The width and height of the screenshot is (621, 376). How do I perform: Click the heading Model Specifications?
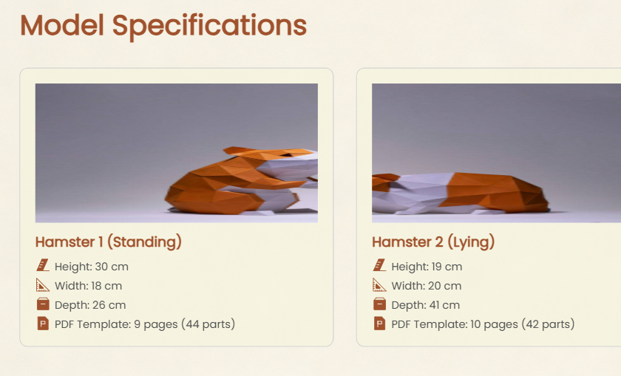click(x=163, y=26)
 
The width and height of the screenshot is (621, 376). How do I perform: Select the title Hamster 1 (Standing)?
click(x=108, y=242)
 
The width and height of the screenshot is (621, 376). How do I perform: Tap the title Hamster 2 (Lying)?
click(x=433, y=242)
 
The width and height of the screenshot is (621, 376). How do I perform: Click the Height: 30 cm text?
click(x=92, y=267)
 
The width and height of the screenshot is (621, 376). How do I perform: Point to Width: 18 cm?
click(x=88, y=286)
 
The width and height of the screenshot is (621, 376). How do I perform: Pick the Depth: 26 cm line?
click(x=90, y=305)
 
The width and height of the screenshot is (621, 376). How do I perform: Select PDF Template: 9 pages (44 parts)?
click(x=145, y=324)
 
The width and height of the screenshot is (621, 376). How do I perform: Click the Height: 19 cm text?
click(x=427, y=267)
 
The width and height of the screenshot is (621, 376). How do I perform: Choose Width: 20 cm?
click(x=427, y=286)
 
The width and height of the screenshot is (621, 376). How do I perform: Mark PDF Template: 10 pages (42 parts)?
click(x=483, y=324)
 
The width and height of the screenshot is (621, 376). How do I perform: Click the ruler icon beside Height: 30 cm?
click(x=43, y=265)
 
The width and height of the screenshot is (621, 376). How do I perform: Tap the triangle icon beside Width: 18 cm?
click(x=43, y=285)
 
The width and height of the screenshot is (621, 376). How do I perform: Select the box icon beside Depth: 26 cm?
click(x=43, y=304)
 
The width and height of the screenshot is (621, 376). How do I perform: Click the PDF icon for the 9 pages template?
click(x=43, y=324)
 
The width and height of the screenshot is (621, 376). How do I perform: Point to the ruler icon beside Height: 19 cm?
click(x=379, y=265)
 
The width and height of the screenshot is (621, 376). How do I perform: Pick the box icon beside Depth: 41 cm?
click(x=379, y=304)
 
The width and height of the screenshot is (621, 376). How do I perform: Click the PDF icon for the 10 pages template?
click(x=379, y=324)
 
